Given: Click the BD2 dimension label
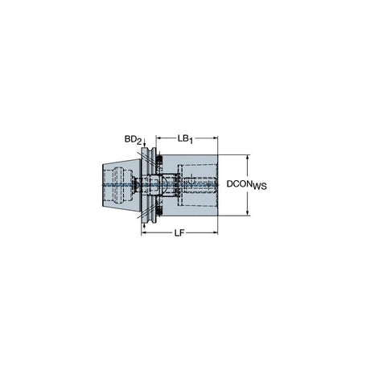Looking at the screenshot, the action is tap(133, 140).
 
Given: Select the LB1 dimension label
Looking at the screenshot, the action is tap(185, 139).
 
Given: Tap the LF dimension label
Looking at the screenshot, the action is tap(179, 233).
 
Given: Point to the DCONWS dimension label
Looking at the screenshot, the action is tap(247, 185).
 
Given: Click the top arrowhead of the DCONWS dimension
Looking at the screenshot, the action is tap(248, 158).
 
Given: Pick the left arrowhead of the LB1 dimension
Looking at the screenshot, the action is tap(158, 138).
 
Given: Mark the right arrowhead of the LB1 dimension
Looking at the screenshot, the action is tap(215, 138).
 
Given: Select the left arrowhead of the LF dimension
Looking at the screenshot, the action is tap(144, 232).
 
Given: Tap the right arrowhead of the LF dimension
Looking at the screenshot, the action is tap(215, 232).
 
